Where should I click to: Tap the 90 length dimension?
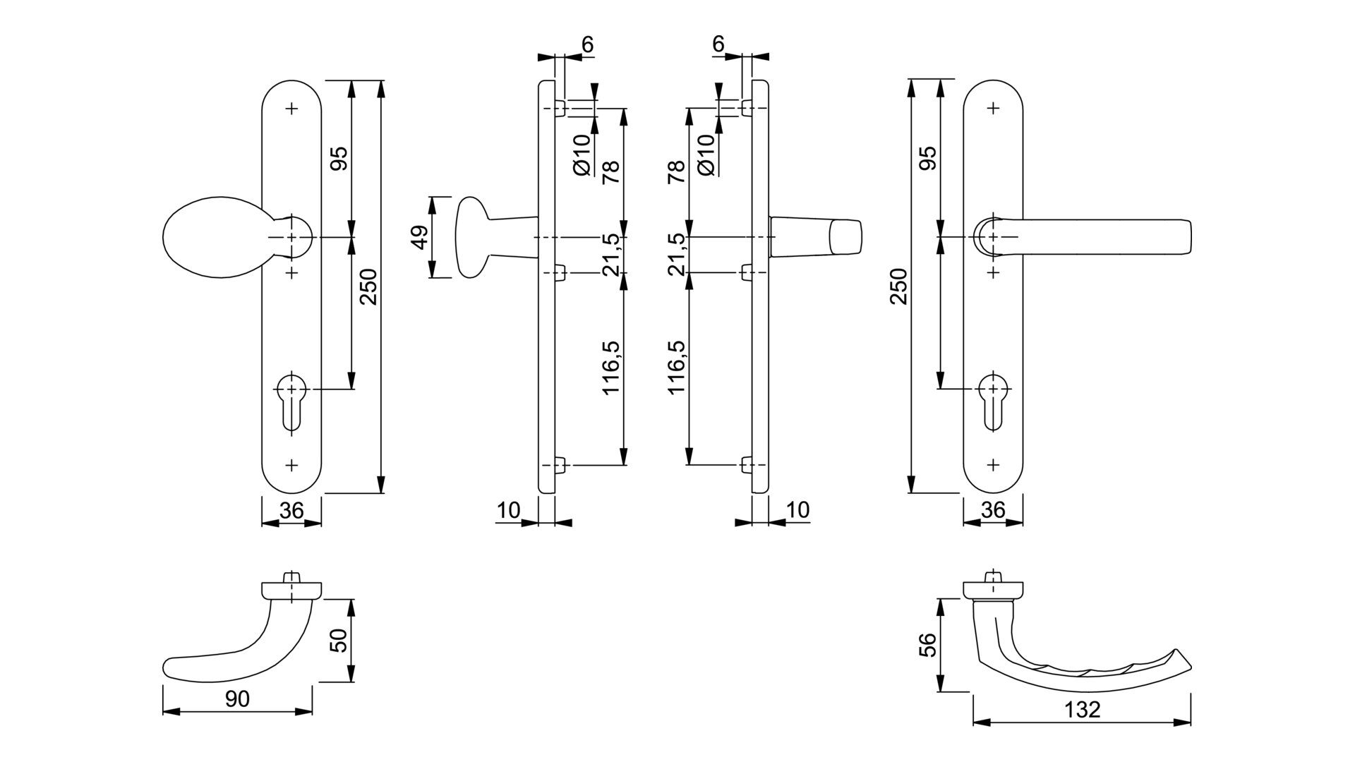click(x=237, y=699)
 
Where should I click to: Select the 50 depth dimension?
click(x=340, y=641)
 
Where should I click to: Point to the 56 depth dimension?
click(x=929, y=645)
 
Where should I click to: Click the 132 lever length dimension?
click(x=1083, y=709)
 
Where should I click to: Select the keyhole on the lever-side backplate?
click(x=993, y=402)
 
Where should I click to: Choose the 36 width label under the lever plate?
click(x=993, y=510)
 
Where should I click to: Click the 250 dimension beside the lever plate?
click(x=898, y=286)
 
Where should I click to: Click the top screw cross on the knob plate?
click(x=291, y=108)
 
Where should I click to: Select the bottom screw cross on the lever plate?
click(x=994, y=465)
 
